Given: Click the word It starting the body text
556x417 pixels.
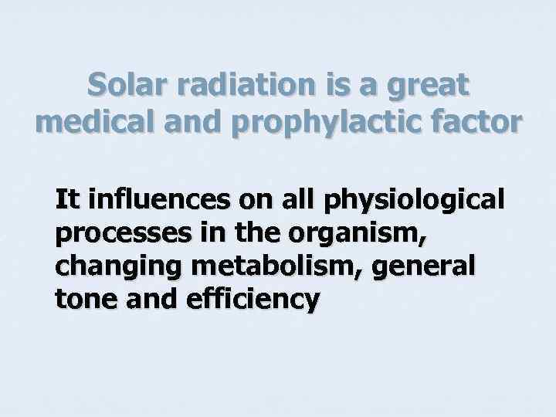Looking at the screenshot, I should click(x=67, y=202).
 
